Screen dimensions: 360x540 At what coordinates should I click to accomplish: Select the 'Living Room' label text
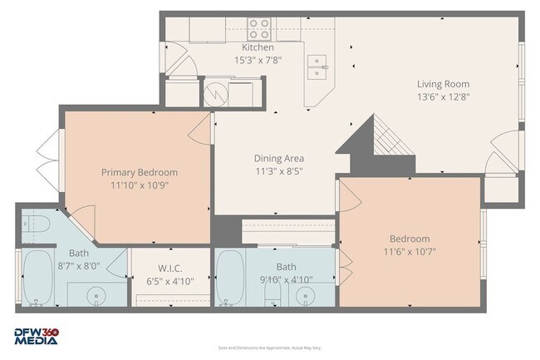point(443,84)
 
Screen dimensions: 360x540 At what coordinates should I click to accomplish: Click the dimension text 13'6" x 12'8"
point(443,97)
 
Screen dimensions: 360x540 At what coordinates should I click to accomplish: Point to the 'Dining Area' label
point(278,158)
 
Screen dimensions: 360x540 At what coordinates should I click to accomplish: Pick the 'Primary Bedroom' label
point(140,172)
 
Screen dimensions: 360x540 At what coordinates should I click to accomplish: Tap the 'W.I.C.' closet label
point(170,268)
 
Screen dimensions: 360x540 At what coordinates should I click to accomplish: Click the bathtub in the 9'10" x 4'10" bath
point(230,280)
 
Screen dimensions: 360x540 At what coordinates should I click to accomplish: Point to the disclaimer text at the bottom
point(269,348)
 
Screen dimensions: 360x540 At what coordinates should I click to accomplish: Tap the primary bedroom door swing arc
point(199,126)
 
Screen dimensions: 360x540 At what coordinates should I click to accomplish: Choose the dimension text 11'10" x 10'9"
point(140,185)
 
